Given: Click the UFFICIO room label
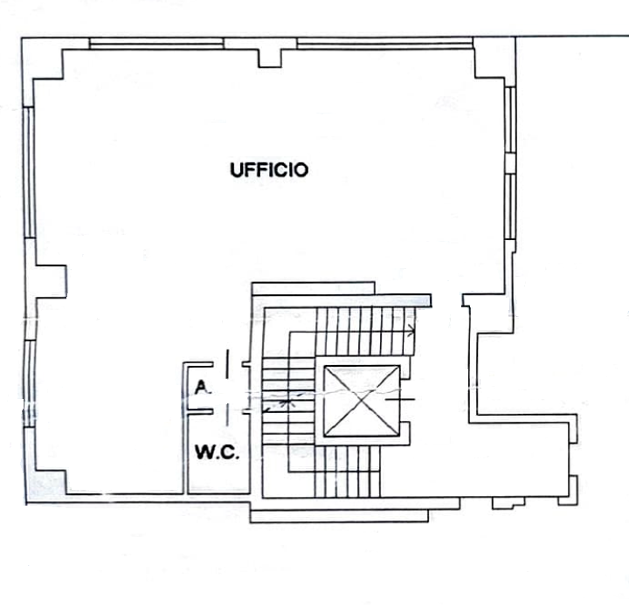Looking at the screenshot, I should pos(269,170).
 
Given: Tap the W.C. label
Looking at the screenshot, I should pos(217,453).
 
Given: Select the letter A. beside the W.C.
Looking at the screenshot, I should pos(202,387).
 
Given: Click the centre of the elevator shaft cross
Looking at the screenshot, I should pos(362,401).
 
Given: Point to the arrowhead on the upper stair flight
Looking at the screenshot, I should pos(411,330).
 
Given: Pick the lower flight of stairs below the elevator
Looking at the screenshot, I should pos(349,472).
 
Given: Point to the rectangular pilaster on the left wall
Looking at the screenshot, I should pos(52,280).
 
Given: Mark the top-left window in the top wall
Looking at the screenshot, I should pos(157,43).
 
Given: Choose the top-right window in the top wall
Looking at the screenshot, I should pos(384,43).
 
